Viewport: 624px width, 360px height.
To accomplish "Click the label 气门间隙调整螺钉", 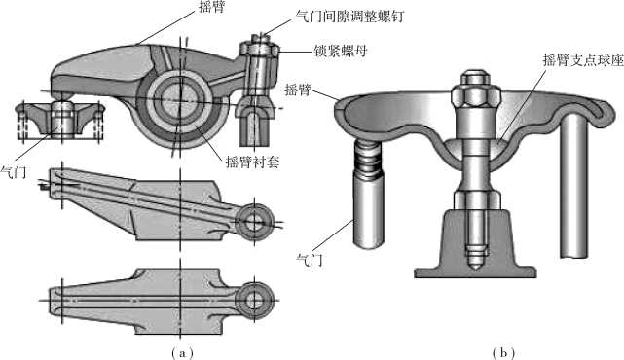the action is coord(350,17).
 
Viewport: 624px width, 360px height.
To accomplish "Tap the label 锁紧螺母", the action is coord(341,51).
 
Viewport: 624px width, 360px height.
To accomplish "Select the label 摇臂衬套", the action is coord(252,162).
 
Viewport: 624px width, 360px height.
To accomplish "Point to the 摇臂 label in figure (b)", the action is coord(298,90).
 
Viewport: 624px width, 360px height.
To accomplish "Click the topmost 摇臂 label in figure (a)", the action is coord(211,7).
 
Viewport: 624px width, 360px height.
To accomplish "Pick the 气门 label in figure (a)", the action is coord(13,172).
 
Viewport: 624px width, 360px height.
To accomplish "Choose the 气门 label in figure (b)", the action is coord(310,260).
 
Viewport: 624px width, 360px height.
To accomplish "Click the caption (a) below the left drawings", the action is coord(181,352).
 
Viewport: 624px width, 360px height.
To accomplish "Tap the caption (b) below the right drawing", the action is coord(503,352).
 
